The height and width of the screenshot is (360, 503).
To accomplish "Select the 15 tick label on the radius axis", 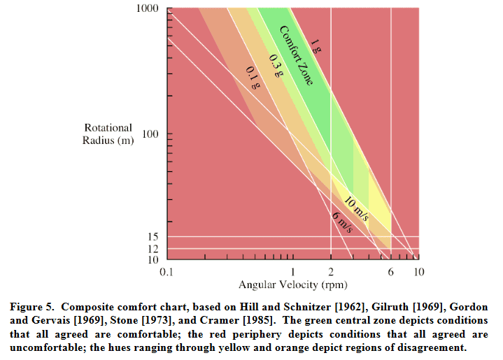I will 154,237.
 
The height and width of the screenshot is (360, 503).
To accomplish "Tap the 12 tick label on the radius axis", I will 154,249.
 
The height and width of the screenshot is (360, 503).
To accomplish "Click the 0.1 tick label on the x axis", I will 167,272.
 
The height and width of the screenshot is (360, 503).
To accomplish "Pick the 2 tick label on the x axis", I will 330,272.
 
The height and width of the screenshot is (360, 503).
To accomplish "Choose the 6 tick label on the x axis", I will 390,272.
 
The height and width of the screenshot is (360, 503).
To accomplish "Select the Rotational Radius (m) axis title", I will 108,134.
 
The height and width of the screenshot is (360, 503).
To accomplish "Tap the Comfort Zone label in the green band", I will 295,55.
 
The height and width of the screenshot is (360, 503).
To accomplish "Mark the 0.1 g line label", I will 253,77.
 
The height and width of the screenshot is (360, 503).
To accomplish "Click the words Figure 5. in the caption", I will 34,308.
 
